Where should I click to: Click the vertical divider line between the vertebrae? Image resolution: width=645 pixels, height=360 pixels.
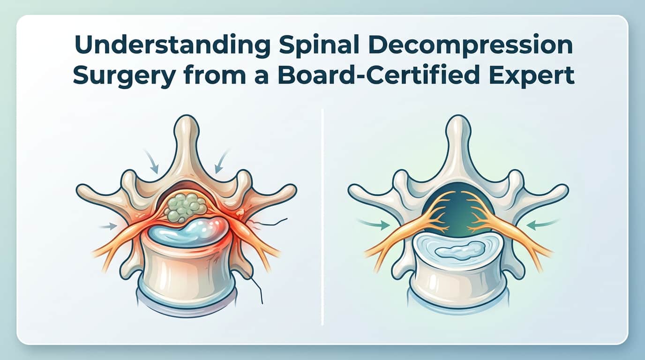tap(322, 216)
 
